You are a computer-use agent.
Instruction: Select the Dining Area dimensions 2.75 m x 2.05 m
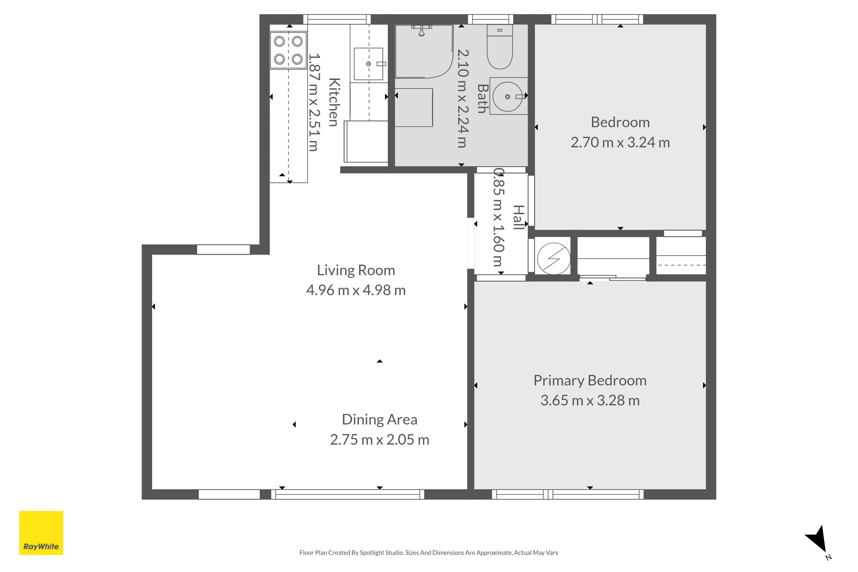click(x=380, y=440)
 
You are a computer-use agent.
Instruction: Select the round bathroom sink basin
click(x=508, y=97)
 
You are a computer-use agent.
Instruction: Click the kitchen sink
click(x=369, y=64)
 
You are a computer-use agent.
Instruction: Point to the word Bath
click(x=483, y=98)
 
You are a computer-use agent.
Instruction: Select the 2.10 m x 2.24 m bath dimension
click(x=462, y=98)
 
